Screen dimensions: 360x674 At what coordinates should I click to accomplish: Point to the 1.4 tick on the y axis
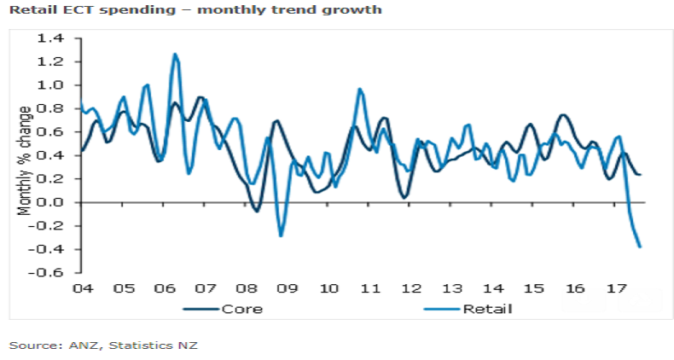(52, 38)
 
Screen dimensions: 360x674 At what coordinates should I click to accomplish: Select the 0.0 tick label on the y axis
(52, 202)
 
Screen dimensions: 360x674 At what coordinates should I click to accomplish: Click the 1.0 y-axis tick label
(52, 85)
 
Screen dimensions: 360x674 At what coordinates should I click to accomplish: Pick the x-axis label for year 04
(83, 288)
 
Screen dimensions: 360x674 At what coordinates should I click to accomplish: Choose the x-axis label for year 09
(287, 288)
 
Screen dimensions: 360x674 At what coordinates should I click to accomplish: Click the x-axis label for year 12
(410, 288)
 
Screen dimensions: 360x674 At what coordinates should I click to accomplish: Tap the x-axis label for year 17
(615, 288)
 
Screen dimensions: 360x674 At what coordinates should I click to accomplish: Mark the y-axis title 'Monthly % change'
(26, 160)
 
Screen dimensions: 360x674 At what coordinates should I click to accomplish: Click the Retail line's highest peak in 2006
(175, 55)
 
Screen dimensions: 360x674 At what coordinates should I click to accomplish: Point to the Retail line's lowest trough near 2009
(281, 235)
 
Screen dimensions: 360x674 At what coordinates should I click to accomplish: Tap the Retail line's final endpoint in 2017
(640, 247)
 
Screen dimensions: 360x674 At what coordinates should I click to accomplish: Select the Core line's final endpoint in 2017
(641, 175)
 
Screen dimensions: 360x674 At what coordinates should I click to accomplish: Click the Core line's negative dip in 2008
(257, 211)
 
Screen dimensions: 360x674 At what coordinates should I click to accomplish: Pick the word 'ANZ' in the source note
(70, 345)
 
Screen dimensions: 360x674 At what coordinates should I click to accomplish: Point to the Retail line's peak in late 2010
(359, 89)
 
